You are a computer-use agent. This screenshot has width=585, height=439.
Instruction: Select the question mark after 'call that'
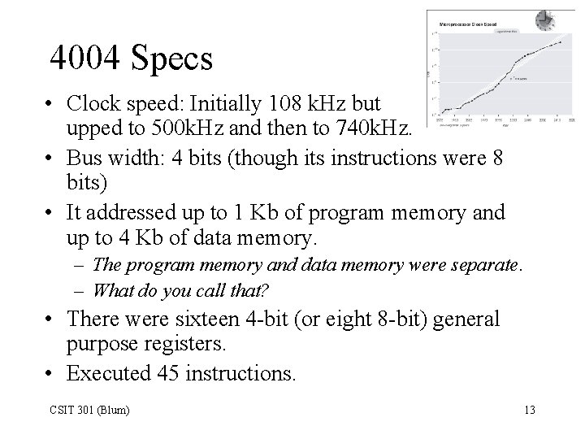[x=266, y=289]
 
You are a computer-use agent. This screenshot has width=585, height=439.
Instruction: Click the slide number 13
[x=530, y=409]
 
